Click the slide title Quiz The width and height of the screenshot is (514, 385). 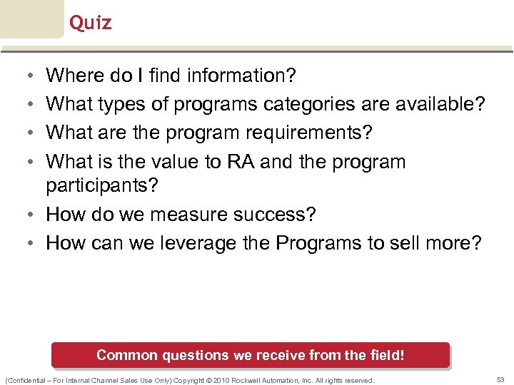(x=91, y=23)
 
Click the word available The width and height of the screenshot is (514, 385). (x=435, y=104)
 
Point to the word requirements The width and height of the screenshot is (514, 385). (x=312, y=133)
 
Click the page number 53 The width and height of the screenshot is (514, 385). (x=500, y=380)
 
